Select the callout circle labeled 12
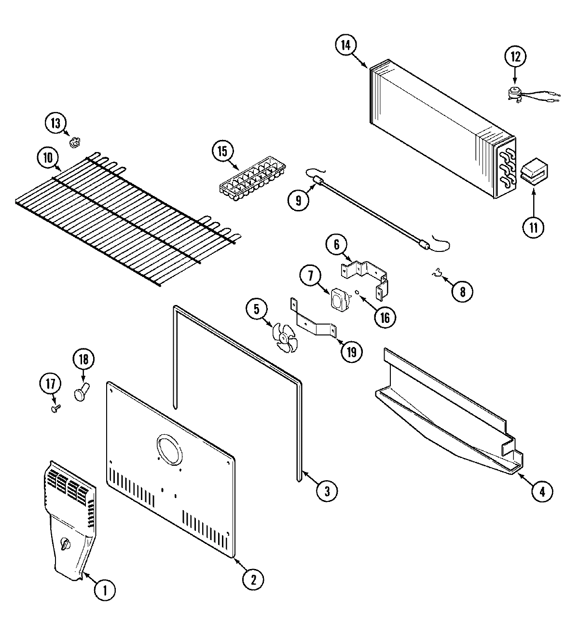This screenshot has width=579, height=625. coord(515,56)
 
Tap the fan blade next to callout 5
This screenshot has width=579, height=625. coord(285,336)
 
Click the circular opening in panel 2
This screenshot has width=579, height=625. coord(169,448)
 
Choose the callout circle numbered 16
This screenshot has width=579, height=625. coord(385,317)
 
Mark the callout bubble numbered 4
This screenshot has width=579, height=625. coord(542,491)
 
